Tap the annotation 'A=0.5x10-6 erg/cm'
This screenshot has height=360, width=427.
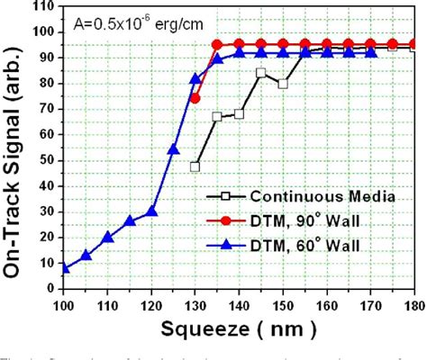pyautogui.click(x=132, y=28)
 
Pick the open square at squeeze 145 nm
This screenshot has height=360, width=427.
pyautogui.click(x=261, y=73)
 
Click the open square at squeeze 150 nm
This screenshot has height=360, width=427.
pyautogui.click(x=283, y=84)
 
